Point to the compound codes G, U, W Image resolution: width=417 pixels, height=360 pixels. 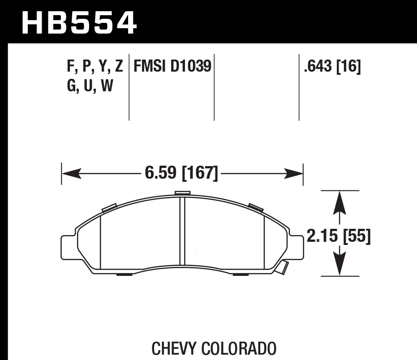90,85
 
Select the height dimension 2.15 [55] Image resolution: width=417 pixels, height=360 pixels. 339,236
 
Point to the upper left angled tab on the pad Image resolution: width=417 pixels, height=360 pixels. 109,207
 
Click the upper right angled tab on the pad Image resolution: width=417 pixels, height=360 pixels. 255,206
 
